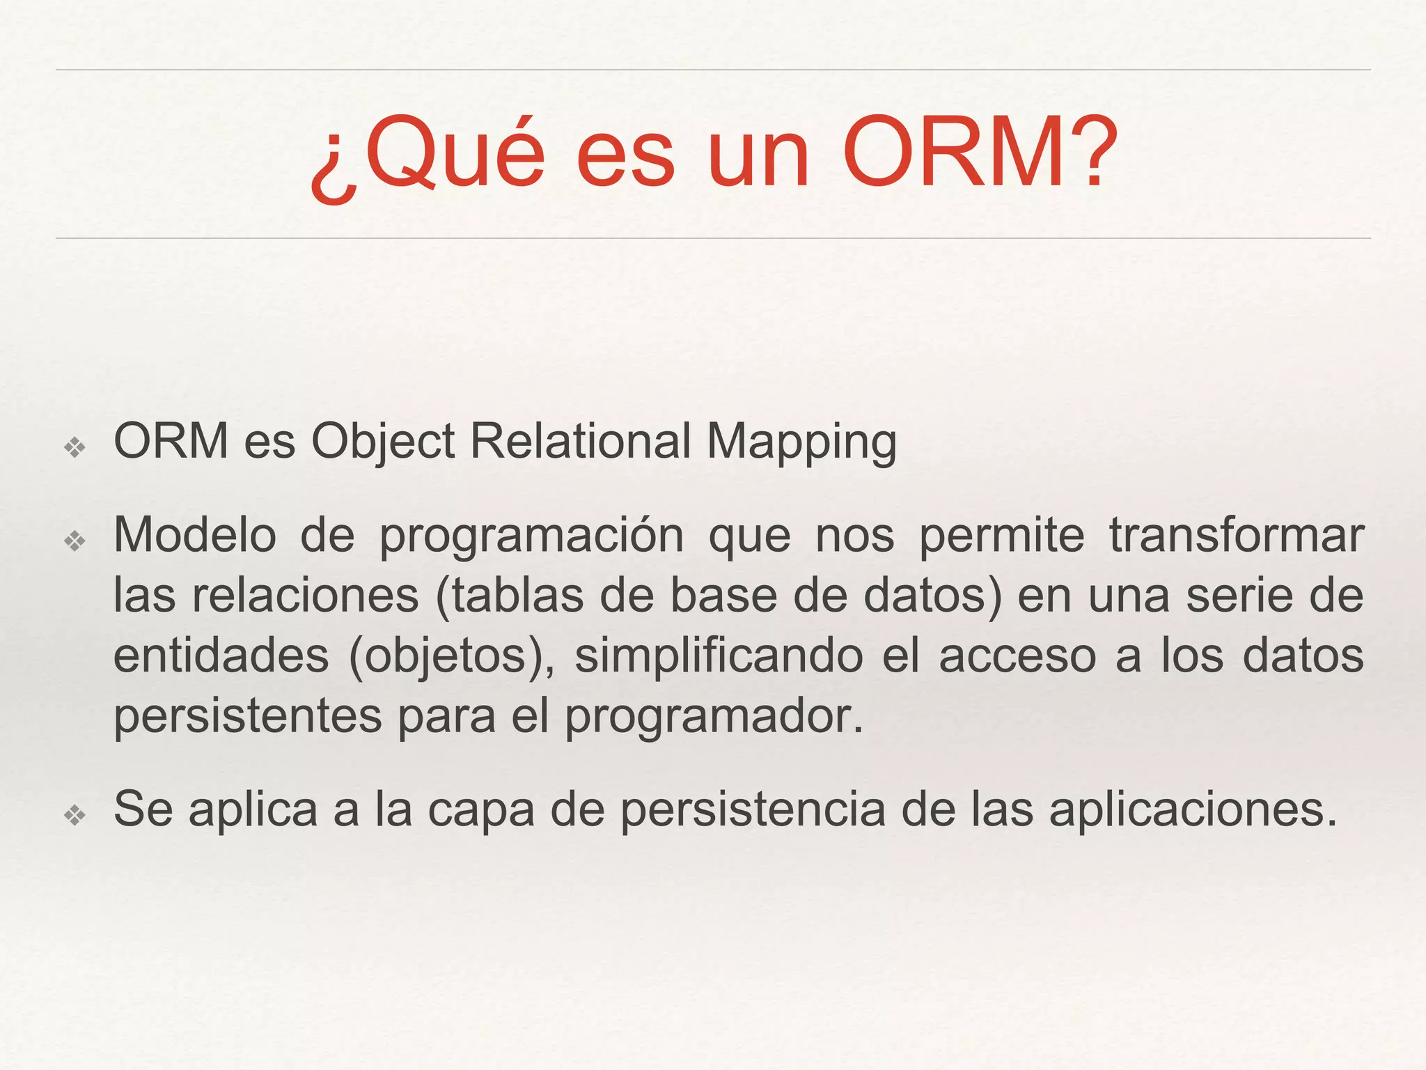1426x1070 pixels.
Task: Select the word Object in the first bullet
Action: (x=382, y=442)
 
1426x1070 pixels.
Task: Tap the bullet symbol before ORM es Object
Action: (x=75, y=447)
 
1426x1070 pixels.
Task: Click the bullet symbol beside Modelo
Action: (x=75, y=541)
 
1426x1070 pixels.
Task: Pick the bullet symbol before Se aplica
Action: (x=75, y=814)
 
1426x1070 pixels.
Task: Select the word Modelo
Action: (x=195, y=535)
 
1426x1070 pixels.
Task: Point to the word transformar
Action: (x=1236, y=535)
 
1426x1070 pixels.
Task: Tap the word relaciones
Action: (x=306, y=596)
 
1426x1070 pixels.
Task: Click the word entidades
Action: (x=221, y=656)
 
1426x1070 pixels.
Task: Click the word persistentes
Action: (x=248, y=717)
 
